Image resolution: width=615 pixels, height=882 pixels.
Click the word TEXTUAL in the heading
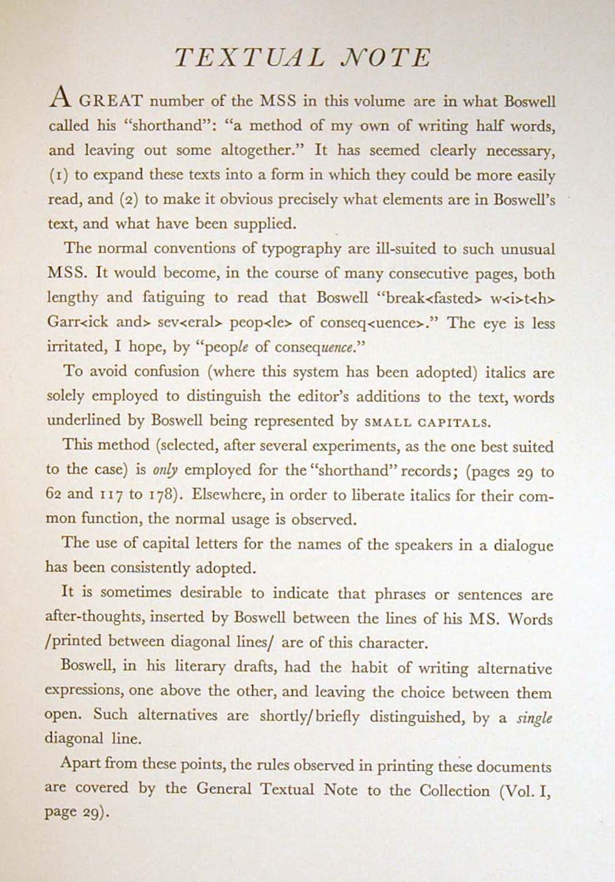[249, 58]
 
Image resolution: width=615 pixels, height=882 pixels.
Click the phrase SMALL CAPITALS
[427, 422]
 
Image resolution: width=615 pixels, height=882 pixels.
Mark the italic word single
[534, 717]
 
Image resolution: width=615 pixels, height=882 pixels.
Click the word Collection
[455, 789]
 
